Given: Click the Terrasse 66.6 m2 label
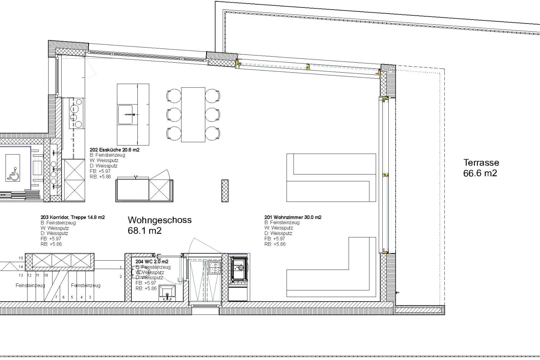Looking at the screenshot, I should [x=481, y=168].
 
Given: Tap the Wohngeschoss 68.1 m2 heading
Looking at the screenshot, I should [x=159, y=225].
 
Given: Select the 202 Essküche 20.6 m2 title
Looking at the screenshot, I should [x=114, y=150].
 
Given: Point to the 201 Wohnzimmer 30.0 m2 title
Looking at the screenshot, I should [x=293, y=217].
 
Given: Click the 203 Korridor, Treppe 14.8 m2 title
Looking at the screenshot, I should [x=73, y=217].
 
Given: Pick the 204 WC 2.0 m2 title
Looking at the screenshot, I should [x=152, y=262].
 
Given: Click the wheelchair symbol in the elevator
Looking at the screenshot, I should [x=13, y=173].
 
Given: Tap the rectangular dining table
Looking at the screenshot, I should [x=193, y=115].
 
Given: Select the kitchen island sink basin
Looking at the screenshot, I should [x=125, y=114].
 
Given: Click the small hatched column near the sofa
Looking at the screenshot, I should [x=225, y=191].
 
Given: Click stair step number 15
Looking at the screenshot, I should [x=21, y=258].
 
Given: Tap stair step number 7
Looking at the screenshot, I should [x=56, y=297].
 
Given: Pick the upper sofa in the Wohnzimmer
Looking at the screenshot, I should [x=331, y=177].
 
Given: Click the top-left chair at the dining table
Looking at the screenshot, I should [x=174, y=96].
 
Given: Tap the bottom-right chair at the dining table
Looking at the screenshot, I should [x=212, y=133].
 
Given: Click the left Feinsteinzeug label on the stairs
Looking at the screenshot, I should [x=30, y=286].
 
